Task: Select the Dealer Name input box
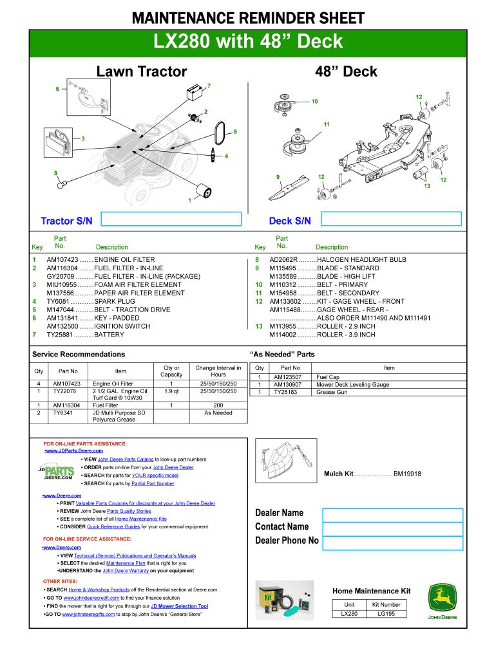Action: (x=392, y=515)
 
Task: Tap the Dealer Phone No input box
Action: (x=392, y=542)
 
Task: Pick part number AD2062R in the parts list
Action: (x=284, y=259)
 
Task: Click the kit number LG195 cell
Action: (x=386, y=614)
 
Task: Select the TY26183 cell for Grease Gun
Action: (x=287, y=391)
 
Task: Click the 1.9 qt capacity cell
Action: (x=171, y=391)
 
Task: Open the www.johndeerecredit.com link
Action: (x=91, y=598)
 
